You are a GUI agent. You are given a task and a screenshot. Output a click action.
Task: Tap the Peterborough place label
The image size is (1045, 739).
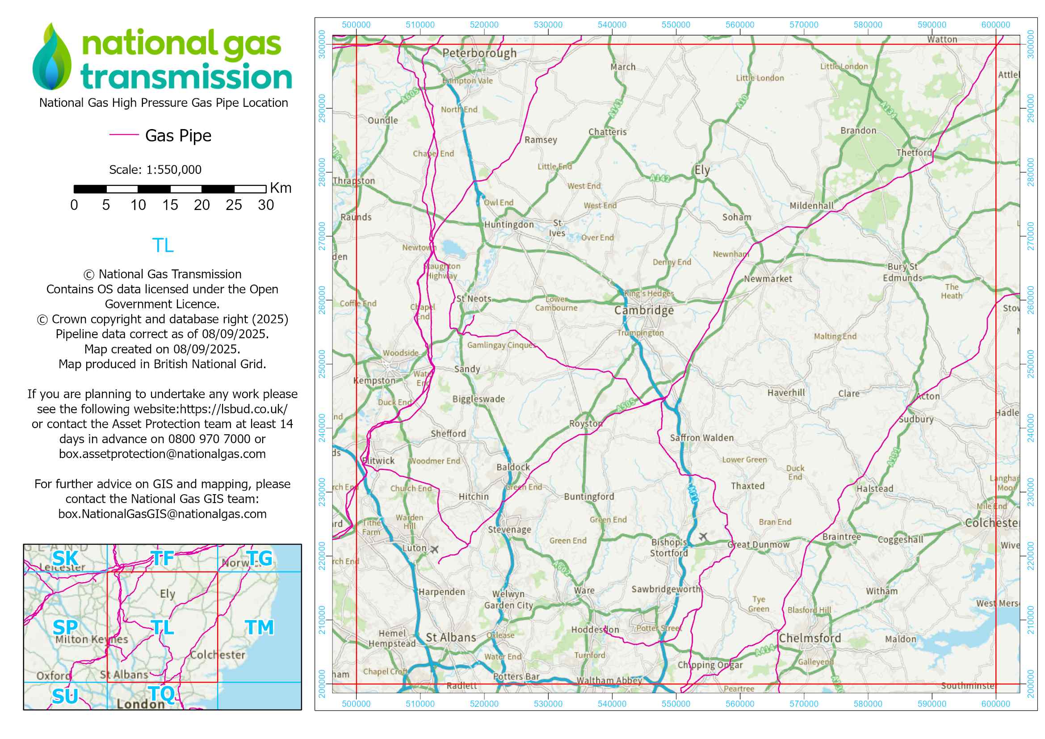tap(479, 53)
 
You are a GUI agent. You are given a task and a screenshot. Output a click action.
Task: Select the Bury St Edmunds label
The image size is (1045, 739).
tap(902, 272)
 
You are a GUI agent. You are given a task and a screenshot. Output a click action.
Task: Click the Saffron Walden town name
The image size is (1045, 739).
tap(701, 438)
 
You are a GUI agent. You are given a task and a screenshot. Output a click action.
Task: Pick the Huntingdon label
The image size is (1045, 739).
tap(509, 225)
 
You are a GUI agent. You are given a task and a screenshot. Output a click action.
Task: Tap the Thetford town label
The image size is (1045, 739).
tap(914, 153)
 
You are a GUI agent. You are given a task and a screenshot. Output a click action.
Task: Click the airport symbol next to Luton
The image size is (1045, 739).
tap(435, 550)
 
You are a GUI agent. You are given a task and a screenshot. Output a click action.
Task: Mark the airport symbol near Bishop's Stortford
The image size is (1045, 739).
tap(703, 537)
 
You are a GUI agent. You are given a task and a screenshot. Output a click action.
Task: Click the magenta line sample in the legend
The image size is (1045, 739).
tap(124, 134)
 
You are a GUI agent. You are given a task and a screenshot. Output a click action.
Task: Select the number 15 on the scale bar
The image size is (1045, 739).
tap(170, 205)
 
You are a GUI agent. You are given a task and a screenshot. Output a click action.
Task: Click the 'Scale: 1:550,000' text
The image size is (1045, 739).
tap(155, 170)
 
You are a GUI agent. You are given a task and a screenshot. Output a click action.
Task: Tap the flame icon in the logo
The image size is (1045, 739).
tap(52, 57)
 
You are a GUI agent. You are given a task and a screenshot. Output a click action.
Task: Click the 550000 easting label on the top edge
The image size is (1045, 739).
tap(676, 25)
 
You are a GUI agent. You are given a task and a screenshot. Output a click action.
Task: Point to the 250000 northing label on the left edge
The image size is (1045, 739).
tap(322, 364)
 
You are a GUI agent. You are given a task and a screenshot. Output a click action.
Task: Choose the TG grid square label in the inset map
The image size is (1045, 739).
tap(259, 558)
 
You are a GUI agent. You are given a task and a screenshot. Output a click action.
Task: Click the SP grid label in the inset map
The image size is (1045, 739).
tap(65, 627)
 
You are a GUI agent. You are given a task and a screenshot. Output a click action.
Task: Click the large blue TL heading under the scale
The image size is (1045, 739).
tap(163, 246)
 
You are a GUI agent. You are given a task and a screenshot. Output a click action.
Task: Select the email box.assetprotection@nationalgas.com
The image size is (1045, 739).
tap(162, 453)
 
